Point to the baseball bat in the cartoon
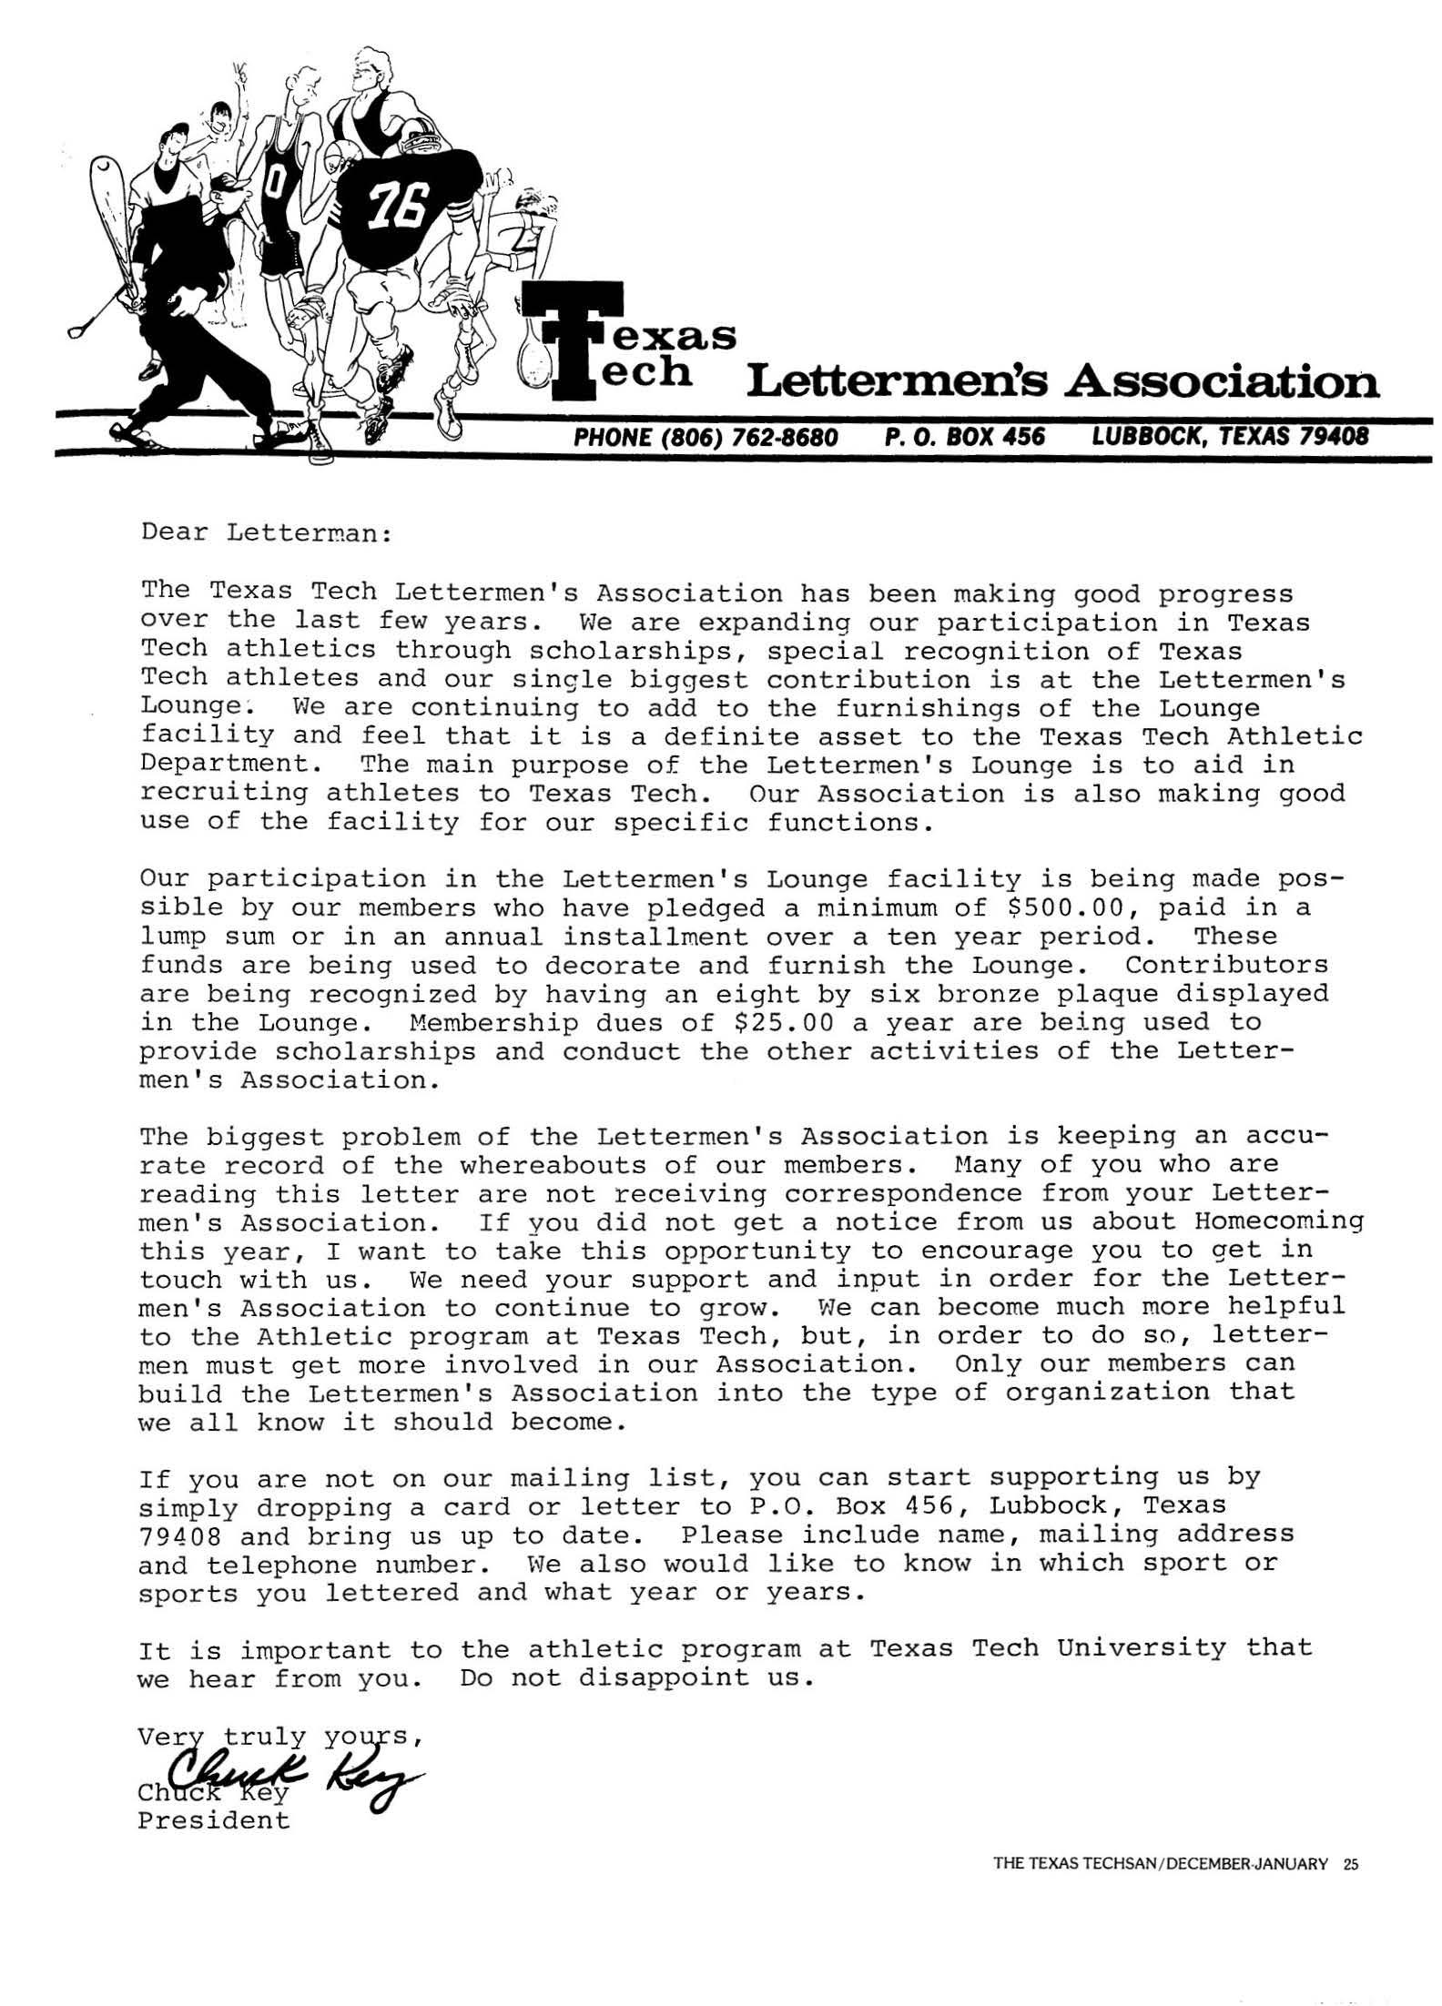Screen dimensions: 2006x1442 coord(115,218)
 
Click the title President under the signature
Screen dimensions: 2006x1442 coord(213,1820)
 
